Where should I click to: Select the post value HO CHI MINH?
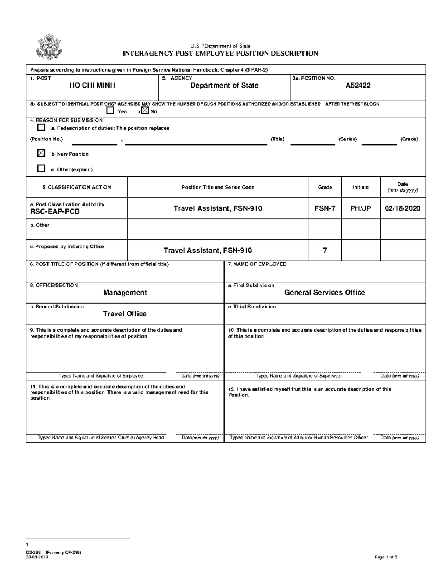click(92, 86)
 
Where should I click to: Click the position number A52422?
click(358, 86)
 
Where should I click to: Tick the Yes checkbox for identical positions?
click(110, 111)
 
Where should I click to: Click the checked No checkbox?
click(145, 111)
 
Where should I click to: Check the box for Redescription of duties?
click(41, 128)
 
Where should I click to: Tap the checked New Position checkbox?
click(41, 153)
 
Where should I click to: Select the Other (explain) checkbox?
click(41, 169)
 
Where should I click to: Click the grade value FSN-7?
click(325, 208)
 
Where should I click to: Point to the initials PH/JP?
click(361, 208)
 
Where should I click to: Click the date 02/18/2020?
click(402, 208)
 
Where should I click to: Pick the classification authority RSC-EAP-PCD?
click(55, 212)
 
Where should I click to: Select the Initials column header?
click(361, 187)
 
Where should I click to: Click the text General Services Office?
click(325, 293)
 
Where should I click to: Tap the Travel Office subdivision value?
click(125, 314)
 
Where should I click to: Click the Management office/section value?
click(125, 293)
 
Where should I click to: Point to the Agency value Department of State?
click(224, 86)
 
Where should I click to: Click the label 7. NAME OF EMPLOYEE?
click(257, 264)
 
